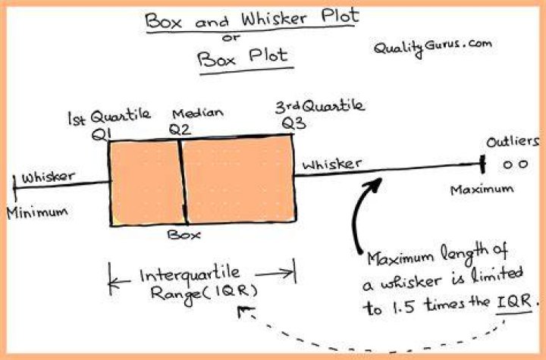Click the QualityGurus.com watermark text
click(432, 48)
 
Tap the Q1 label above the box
click(102, 134)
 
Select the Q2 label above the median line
click(180, 130)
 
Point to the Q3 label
click(294, 123)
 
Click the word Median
click(198, 113)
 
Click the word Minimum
click(37, 212)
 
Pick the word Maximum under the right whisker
click(482, 189)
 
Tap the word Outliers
click(513, 142)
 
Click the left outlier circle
click(508, 164)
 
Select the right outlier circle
click(523, 164)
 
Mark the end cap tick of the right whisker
click(482, 164)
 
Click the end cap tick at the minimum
click(14, 188)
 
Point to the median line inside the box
click(184, 182)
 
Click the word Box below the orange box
click(184, 234)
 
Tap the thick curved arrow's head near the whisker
click(376, 185)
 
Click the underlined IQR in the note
click(514, 302)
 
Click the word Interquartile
click(190, 274)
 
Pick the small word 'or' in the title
click(231, 38)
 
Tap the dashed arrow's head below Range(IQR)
click(245, 311)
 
